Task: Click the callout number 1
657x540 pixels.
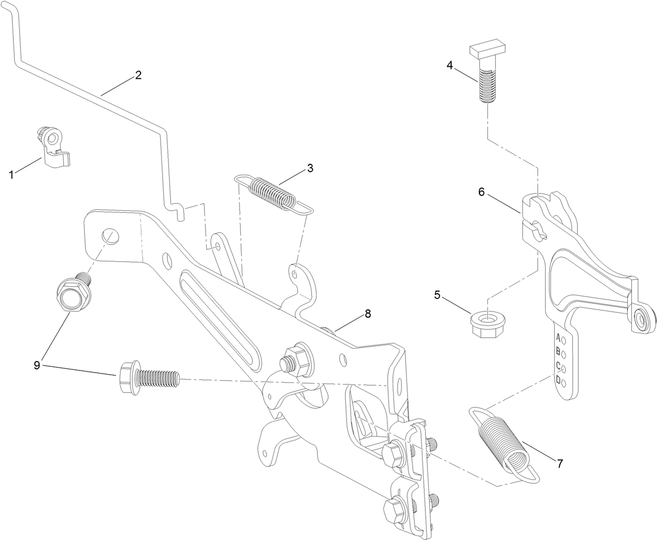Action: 11,175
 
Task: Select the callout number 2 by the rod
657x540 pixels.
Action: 138,75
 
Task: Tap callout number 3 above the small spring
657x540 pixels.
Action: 310,168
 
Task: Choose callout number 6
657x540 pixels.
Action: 482,192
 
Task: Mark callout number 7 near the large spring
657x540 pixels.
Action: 559,463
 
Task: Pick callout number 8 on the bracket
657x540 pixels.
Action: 368,314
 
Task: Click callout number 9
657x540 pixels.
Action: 37,365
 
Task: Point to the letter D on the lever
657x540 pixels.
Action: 558,380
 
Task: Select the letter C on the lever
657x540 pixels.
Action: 558,366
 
